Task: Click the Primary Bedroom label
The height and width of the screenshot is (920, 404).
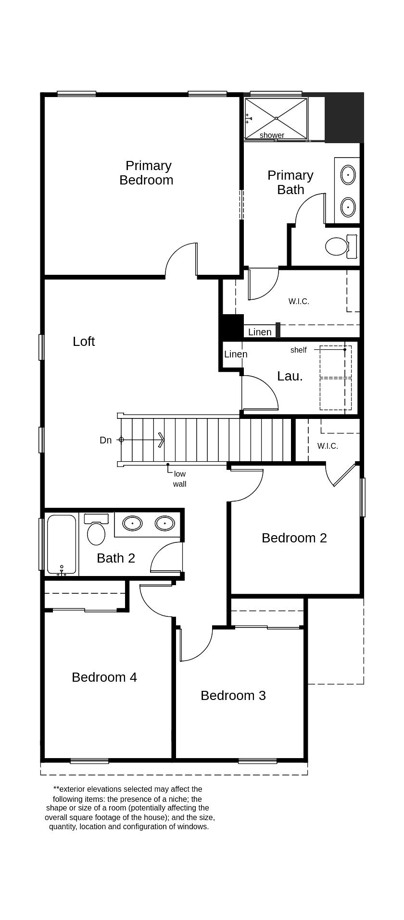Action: click(147, 173)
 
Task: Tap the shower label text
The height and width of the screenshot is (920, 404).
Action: click(272, 135)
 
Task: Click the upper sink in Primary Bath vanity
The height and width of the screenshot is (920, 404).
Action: click(348, 175)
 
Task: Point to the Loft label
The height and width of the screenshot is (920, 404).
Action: click(84, 342)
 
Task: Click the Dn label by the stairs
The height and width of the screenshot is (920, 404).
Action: click(105, 440)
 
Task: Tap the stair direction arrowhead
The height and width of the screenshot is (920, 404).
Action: click(161, 440)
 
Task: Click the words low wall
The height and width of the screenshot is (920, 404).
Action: click(180, 479)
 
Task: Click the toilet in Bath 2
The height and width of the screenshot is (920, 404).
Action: click(96, 533)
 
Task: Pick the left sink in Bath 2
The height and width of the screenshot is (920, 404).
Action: click(132, 523)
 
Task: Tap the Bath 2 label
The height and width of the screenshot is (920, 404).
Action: click(116, 558)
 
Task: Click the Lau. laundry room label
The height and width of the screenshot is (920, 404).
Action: click(290, 376)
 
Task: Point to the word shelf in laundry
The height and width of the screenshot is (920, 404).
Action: click(298, 350)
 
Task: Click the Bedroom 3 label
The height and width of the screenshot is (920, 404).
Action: click(233, 696)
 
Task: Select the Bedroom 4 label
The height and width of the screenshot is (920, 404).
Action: click(104, 677)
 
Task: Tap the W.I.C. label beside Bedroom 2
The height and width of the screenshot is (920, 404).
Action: click(328, 446)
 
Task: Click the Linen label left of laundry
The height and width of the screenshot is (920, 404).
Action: click(236, 355)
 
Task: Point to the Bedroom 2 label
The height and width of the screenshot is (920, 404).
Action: click(294, 538)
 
